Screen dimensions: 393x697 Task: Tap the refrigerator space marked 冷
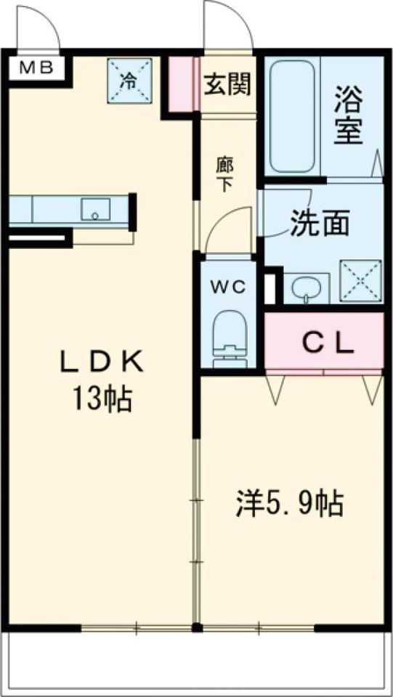pos(129,81)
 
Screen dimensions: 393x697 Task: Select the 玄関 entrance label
pos(227,84)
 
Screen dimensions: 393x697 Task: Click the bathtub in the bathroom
pos(292,116)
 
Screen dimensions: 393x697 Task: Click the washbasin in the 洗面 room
pos(307,288)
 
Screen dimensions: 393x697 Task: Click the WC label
pos(228,288)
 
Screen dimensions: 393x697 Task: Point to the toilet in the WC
pos(229,338)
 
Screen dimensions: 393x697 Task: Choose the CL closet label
pos(329,343)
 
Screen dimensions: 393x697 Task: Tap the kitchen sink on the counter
pos(95,209)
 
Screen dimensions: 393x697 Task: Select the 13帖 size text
pos(102,399)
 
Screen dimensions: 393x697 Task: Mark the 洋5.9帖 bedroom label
pos(290,505)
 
